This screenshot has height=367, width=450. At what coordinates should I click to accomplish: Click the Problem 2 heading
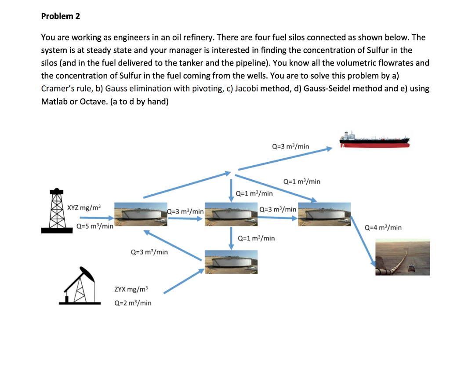point(61,16)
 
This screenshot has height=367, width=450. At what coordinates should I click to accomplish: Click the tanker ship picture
point(375,139)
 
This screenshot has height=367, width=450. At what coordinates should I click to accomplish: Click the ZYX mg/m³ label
point(131,289)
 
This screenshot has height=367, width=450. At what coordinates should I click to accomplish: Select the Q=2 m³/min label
point(133,303)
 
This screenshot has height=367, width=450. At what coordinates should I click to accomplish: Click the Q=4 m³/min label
point(384,227)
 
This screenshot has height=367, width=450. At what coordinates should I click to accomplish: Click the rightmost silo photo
point(325,214)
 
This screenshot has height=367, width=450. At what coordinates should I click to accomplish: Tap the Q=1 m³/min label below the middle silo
point(256,238)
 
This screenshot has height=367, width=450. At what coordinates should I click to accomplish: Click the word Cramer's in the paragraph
point(56,88)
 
